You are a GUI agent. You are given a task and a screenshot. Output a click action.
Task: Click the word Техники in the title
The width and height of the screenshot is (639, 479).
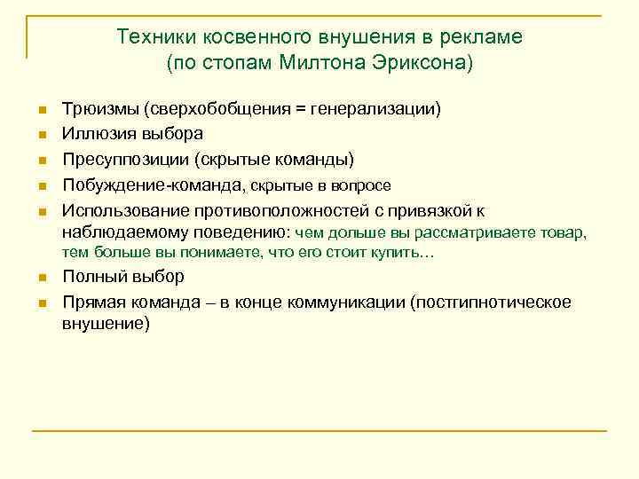(155, 37)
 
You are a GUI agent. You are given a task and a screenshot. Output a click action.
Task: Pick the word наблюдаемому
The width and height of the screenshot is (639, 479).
(115, 233)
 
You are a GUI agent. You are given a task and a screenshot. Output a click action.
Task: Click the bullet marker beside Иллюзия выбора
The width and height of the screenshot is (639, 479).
(42, 135)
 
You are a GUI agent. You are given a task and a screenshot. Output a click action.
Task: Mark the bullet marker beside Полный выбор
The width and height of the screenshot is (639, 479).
(42, 278)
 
